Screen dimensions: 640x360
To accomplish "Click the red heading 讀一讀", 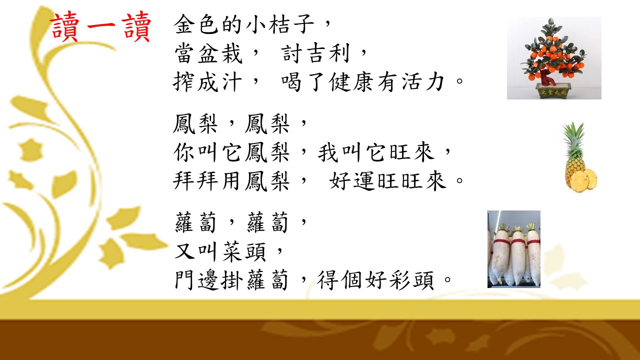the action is (x=100, y=26).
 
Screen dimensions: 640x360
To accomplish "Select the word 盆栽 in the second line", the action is (x=220, y=53).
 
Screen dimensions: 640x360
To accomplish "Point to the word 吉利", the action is (x=327, y=53).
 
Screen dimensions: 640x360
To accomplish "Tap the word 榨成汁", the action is (x=207, y=82).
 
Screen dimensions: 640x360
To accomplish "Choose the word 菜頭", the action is (x=244, y=251).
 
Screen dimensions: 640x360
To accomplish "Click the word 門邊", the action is (x=197, y=280).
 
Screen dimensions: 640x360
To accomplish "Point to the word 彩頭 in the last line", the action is (x=411, y=280).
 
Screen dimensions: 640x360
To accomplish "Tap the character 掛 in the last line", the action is (x=231, y=280).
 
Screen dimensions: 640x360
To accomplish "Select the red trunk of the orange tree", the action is (x=546, y=77).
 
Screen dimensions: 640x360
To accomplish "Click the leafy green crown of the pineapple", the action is (x=573, y=141).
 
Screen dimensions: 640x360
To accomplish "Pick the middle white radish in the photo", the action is (x=517, y=255).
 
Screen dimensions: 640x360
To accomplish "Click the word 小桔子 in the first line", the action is (x=280, y=24).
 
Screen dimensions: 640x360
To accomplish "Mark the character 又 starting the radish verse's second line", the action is (x=185, y=251).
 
